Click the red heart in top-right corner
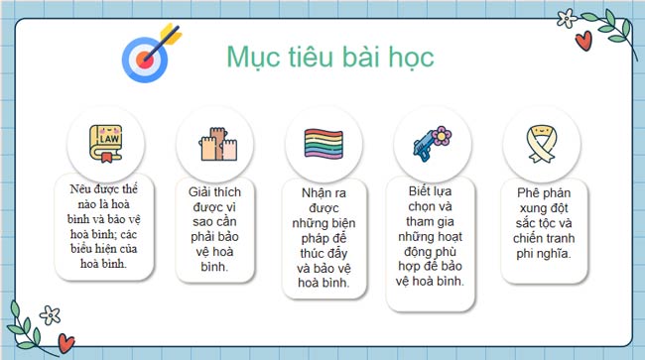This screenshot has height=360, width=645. coord(584,40)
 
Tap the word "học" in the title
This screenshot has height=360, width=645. coord(412,56)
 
